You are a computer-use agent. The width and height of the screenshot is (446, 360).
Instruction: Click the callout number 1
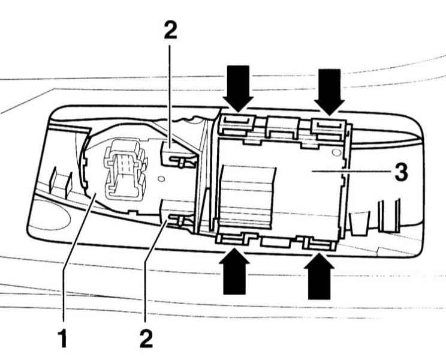[62, 338]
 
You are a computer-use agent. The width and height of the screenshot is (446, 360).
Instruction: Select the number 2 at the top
[170, 31]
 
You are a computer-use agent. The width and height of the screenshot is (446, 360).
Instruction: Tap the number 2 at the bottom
[146, 338]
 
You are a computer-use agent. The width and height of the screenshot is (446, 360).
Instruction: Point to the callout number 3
[402, 172]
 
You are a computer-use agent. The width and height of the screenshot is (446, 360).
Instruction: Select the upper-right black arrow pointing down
[329, 92]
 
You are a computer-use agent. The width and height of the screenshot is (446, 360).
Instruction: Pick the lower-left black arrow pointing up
[234, 271]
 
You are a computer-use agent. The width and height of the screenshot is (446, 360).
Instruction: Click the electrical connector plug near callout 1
[125, 169]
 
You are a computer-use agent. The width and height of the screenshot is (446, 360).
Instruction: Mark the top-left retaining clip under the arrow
[237, 124]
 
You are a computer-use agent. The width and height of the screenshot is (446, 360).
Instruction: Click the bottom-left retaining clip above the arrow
[233, 239]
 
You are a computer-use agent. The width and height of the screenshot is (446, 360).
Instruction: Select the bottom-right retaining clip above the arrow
[318, 243]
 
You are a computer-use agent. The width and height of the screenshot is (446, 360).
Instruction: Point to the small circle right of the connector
[161, 179]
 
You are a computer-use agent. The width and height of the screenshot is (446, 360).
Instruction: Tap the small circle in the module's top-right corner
[336, 153]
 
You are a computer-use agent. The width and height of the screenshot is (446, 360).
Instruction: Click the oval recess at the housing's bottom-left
[50, 214]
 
